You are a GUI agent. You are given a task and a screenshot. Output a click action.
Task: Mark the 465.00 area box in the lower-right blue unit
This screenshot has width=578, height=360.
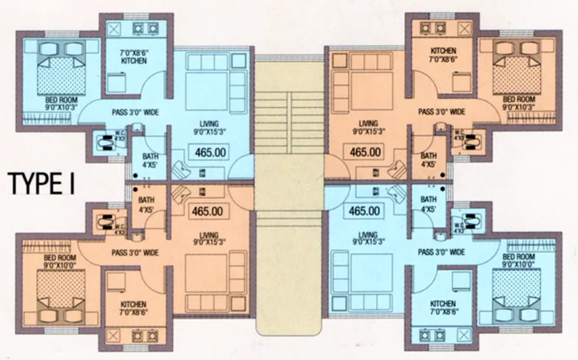364,211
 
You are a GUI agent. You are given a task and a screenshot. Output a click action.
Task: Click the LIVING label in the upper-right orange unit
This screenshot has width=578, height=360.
367,123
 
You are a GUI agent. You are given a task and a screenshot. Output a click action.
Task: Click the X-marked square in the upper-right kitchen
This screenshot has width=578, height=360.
463,28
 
